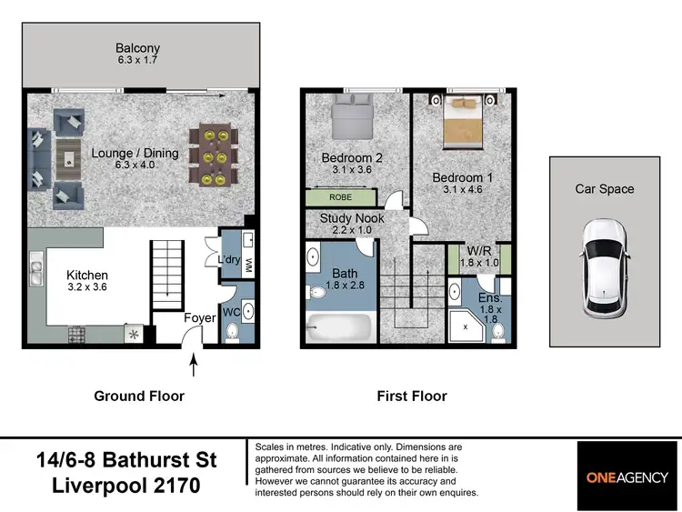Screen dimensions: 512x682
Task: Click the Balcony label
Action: point(137,48)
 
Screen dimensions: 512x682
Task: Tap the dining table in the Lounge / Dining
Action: point(215,156)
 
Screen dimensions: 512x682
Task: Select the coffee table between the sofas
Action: point(69,156)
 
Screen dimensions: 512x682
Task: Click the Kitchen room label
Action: point(87,275)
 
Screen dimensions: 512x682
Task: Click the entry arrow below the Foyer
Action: point(193,366)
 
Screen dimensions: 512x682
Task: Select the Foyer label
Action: point(199,318)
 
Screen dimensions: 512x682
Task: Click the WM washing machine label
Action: point(247,263)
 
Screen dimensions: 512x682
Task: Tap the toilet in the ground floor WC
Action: point(231,333)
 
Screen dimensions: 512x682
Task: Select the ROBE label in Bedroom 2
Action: point(342,196)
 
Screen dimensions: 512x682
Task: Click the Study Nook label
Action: point(352,218)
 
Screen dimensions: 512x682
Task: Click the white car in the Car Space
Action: point(605,268)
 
